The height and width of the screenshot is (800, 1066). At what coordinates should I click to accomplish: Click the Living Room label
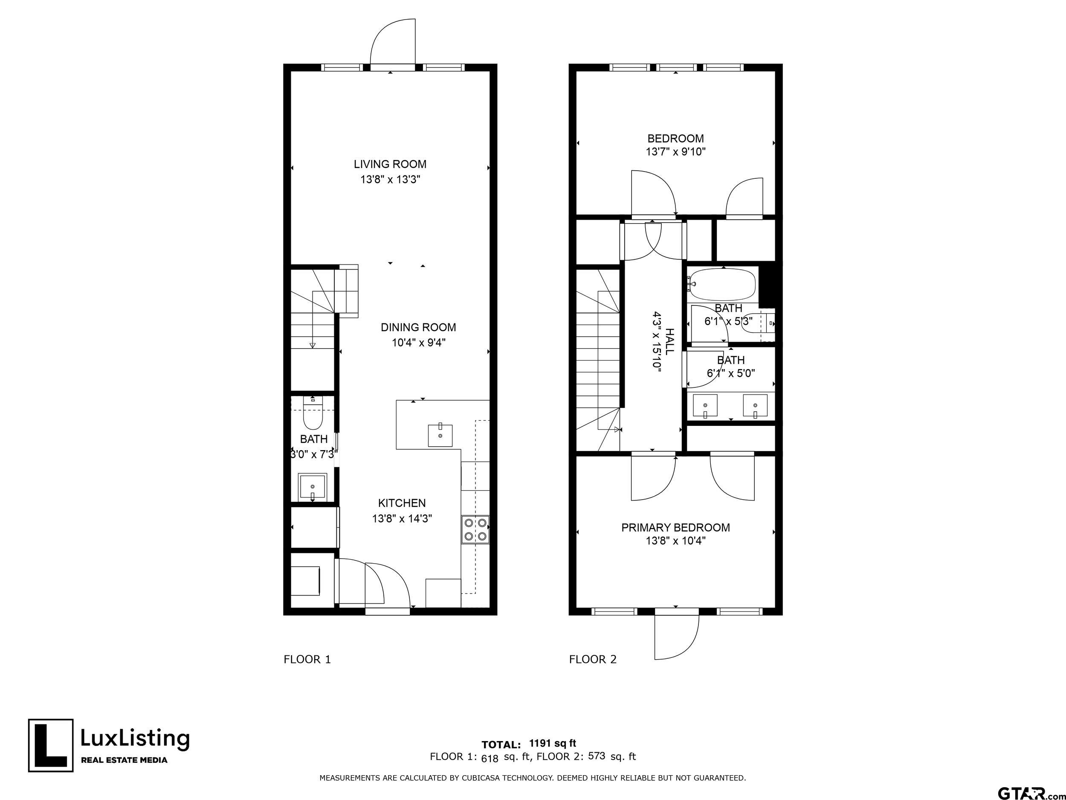coord(390,164)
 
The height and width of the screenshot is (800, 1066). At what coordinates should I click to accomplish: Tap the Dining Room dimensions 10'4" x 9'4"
coord(418,343)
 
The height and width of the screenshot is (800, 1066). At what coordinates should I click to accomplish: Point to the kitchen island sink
coord(440,436)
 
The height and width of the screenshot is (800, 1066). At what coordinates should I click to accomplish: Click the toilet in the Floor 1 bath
coord(313,414)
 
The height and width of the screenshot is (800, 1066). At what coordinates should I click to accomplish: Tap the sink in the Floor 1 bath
coord(313,487)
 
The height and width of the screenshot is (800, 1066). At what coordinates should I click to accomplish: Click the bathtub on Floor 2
coord(721,284)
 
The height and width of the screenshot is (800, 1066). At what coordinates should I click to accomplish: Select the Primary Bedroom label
coord(676,527)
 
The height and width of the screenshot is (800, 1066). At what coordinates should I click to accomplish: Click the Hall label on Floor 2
coord(669,340)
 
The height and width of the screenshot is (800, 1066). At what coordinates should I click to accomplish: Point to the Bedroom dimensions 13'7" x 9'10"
coord(676,152)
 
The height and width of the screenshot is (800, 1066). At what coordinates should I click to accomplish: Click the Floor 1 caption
coord(307,659)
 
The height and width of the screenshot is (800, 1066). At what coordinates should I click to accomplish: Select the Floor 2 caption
coord(593,659)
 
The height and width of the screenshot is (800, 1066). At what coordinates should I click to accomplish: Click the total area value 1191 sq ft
coord(552,743)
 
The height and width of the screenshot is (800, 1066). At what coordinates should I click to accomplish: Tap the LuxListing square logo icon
coord(51,745)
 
